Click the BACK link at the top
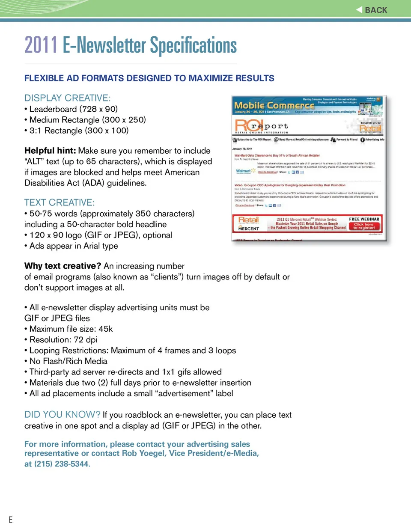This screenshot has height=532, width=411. pos(372,10)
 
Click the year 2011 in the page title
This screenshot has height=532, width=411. pos(41,45)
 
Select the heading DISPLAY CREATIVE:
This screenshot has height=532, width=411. pos(67,98)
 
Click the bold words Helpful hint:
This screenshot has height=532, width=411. pos(50,151)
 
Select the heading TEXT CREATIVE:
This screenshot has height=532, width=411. pos(60,202)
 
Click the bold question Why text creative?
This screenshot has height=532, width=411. pos(63,266)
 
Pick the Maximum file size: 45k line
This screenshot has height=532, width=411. pos(71,329)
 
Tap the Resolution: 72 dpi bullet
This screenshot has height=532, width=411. pos(63,339)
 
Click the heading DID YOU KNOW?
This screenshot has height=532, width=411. pos(63,414)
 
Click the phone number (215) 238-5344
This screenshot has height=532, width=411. pos(62,464)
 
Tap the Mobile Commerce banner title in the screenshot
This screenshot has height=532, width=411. pos(274,105)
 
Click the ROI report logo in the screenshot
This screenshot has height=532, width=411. pos(261,126)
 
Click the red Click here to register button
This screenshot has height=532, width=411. pos(363,226)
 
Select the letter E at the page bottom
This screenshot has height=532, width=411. pos(10,520)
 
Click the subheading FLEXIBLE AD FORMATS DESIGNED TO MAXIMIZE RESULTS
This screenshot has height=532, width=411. pos(149,78)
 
